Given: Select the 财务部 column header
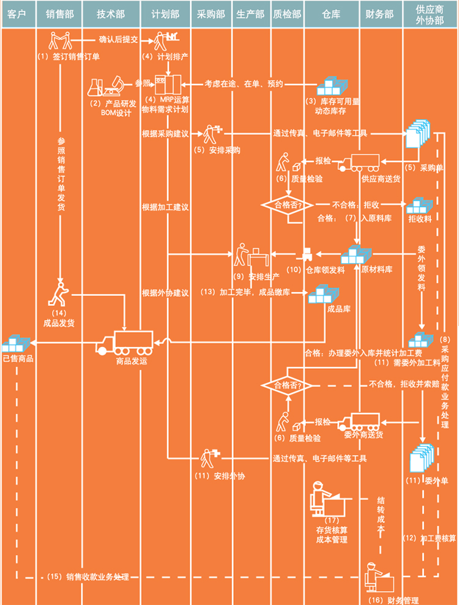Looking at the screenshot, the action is pos(380,14).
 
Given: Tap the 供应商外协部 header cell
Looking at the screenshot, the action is pos(430,14).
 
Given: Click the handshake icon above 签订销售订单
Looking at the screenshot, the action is pos(60,40).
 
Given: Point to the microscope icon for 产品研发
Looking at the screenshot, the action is pos(114,86).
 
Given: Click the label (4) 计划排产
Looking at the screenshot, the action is pos(165,57).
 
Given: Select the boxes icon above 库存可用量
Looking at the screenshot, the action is pos(332,86).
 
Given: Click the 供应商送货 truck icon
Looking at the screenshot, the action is pos(359,163).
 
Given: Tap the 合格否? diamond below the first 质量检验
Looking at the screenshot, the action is pos(288,205).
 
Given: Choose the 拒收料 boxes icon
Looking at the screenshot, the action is pos(419,206).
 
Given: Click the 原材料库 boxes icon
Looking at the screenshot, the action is pos(356,254).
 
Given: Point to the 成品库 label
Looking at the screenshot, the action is pos(338,309).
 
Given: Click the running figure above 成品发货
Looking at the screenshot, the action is pos(59,294).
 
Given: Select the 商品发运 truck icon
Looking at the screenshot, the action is pos(124,343).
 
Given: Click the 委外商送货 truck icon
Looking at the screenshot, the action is pos(359,421).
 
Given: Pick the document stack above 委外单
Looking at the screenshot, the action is pos(422,458).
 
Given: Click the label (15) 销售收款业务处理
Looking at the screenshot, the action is pos(88,577).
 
